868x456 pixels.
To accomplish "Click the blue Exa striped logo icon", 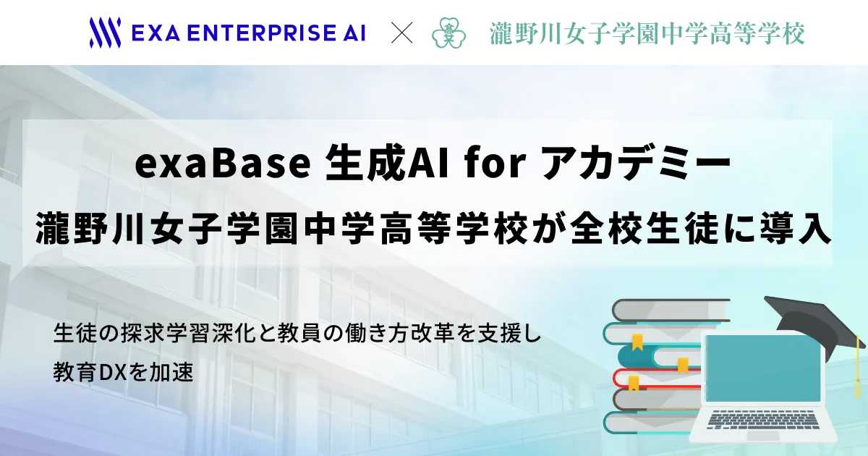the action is click(105, 33).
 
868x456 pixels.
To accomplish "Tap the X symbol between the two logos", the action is click(402, 33).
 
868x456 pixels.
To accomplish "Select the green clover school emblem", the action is click(448, 33).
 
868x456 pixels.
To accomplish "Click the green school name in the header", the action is click(647, 33).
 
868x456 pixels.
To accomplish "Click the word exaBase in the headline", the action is click(223, 164).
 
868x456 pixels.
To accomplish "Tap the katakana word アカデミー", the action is click(637, 164).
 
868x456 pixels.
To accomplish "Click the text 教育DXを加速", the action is click(123, 372).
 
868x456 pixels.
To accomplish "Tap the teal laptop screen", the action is click(762, 368).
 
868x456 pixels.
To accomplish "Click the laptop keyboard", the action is click(763, 421).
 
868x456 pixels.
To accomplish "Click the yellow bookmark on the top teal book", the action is click(637, 342).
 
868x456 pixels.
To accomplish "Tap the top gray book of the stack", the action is click(671, 311).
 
